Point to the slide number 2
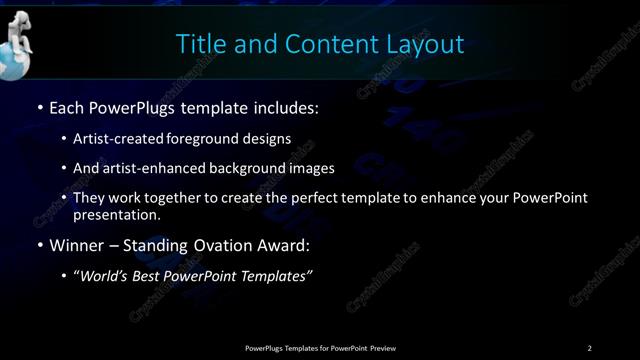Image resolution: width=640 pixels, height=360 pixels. [x=589, y=348]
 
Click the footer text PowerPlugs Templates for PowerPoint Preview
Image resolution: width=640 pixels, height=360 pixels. [x=320, y=348]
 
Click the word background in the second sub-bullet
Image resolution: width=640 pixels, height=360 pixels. [x=246, y=168]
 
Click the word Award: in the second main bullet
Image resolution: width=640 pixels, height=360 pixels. [x=286, y=245]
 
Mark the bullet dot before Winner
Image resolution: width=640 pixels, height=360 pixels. [x=39, y=245]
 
